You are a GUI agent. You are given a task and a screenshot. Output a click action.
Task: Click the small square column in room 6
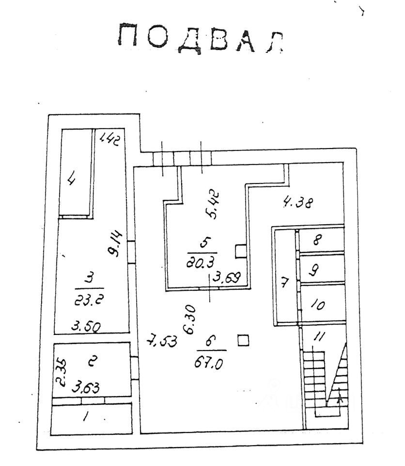244,341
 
